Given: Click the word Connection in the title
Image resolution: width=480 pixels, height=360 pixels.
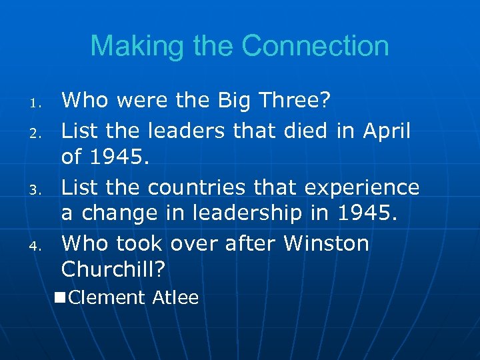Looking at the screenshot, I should (315, 46).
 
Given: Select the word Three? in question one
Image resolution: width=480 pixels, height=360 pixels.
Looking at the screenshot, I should (297, 101).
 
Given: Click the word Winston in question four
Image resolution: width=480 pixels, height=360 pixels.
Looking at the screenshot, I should (326, 244).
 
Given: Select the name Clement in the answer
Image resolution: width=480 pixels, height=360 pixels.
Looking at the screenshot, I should (107, 297).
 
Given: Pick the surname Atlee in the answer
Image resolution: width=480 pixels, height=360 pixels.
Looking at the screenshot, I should (175, 297).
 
